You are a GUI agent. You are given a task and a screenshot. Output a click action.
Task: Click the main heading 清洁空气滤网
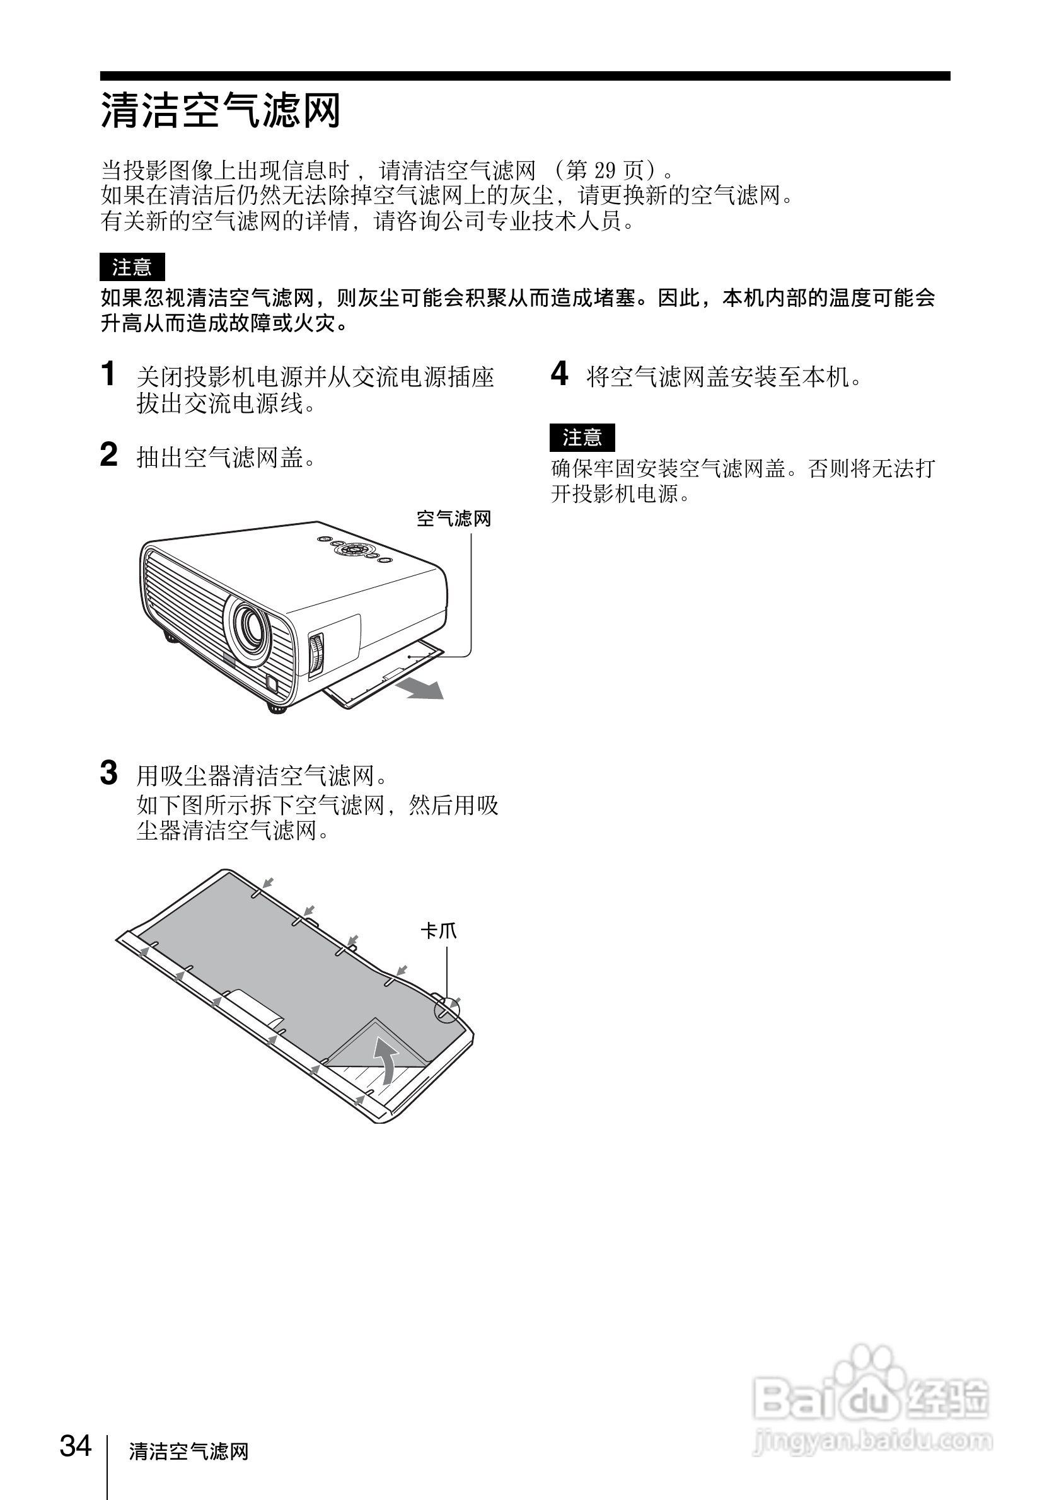tap(220, 110)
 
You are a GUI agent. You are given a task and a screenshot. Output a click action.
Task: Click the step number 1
tap(108, 374)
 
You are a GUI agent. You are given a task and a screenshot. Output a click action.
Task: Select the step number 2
tap(108, 454)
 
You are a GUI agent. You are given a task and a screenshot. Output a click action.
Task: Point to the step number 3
tap(108, 773)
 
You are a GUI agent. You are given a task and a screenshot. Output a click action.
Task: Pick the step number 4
tap(559, 374)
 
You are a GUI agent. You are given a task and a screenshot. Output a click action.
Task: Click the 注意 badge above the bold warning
tap(132, 267)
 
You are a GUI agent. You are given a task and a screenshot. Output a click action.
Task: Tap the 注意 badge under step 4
tap(582, 437)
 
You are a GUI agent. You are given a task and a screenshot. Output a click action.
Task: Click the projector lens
tap(250, 625)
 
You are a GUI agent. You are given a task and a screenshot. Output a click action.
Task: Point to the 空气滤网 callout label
tap(453, 519)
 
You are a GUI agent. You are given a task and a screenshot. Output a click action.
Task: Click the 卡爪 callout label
tap(438, 931)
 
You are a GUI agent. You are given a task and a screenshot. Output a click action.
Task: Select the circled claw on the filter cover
tap(447, 1010)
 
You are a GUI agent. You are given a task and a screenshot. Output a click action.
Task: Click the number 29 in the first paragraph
tap(605, 171)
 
